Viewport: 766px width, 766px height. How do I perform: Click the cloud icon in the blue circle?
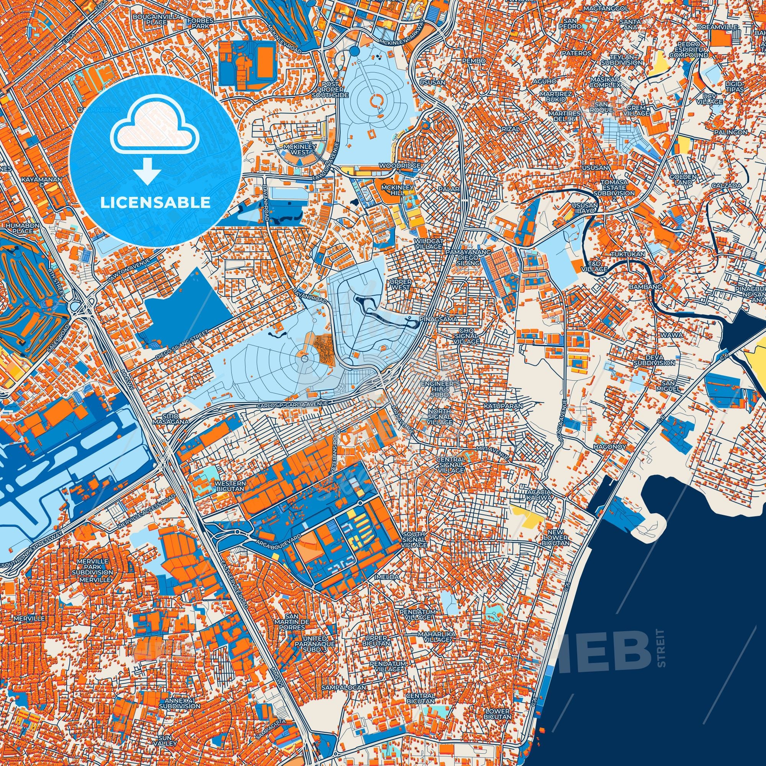coord(155,131)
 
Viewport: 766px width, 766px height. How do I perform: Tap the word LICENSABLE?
coord(155,202)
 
